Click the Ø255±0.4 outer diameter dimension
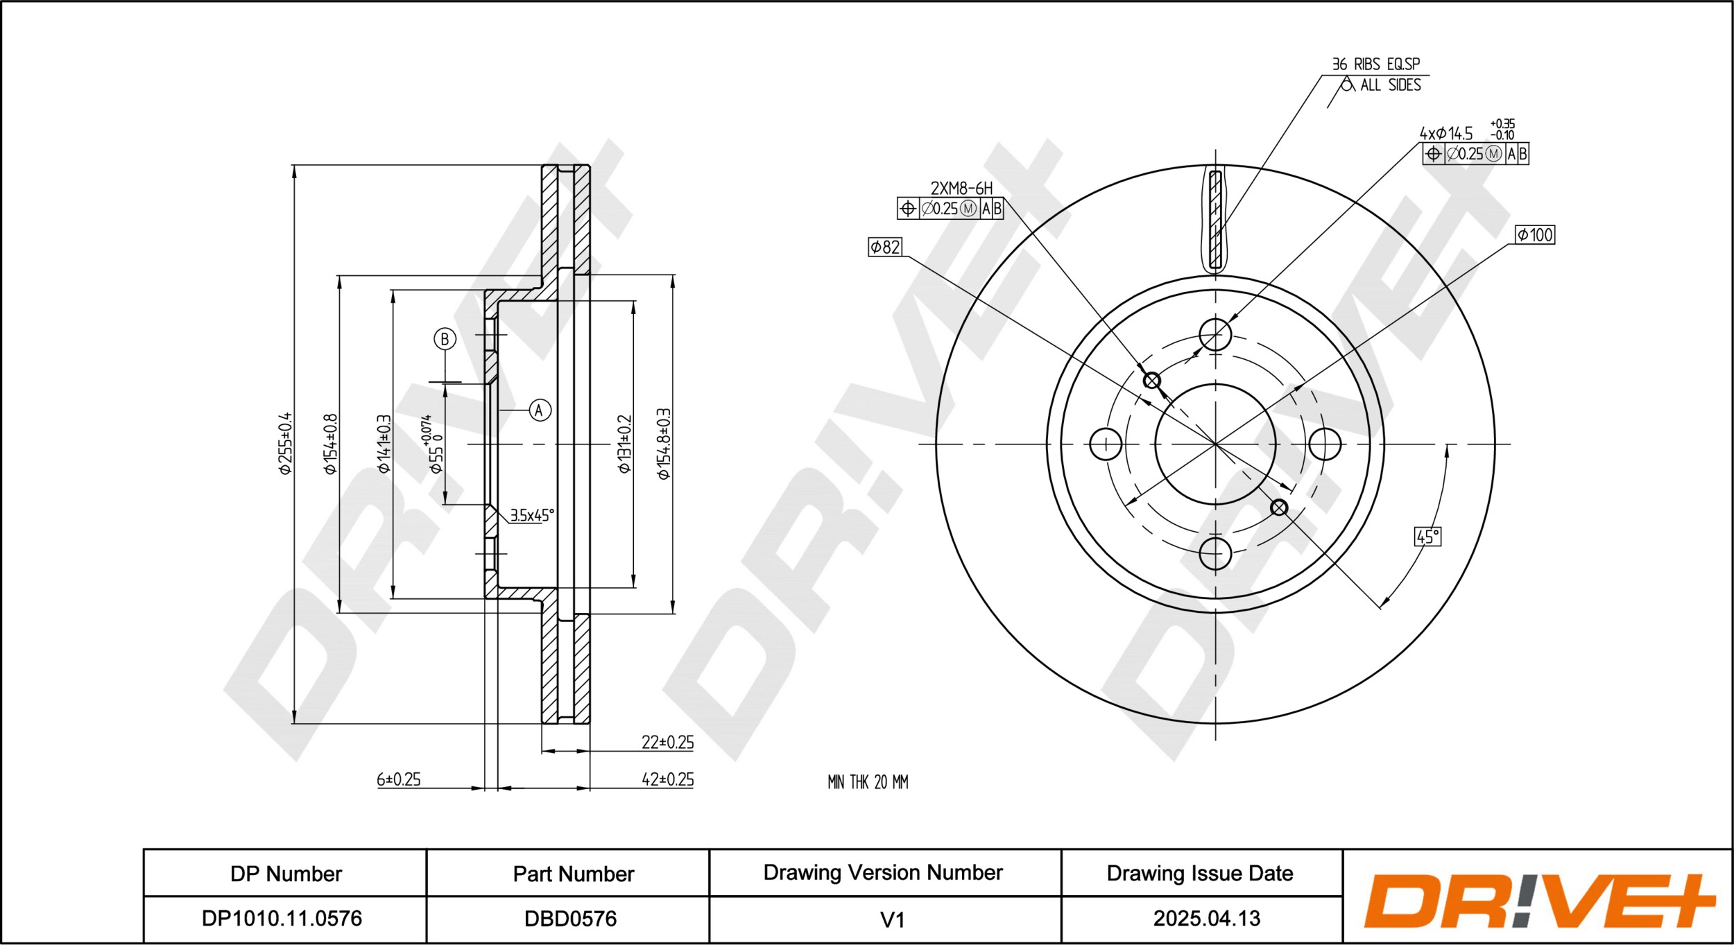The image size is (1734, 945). tap(285, 443)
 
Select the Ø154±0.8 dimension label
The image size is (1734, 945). tap(331, 444)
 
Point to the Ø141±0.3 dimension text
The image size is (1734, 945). tap(384, 444)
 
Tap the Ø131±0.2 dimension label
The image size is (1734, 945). tap(625, 444)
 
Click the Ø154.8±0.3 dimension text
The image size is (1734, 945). tap(664, 444)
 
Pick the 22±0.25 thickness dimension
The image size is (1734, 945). tap(667, 742)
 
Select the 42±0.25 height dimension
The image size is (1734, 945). tap(667, 779)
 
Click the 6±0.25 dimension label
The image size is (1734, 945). tap(399, 779)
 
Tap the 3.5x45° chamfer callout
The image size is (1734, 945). tap(532, 515)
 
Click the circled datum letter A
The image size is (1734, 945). tap(540, 410)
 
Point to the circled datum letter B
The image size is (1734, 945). tap(445, 339)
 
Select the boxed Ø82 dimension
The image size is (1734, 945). tap(885, 247)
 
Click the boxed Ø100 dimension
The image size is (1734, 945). tap(1535, 235)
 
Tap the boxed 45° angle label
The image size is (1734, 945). tap(1427, 537)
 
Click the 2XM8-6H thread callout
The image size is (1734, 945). tap(961, 188)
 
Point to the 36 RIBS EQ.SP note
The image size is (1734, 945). tap(1376, 64)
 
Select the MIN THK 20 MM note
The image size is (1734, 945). tap(868, 782)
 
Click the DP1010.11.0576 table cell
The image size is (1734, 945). tap(282, 919)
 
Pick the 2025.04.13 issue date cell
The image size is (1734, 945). tap(1207, 919)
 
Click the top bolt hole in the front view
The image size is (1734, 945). tap(1215, 335)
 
